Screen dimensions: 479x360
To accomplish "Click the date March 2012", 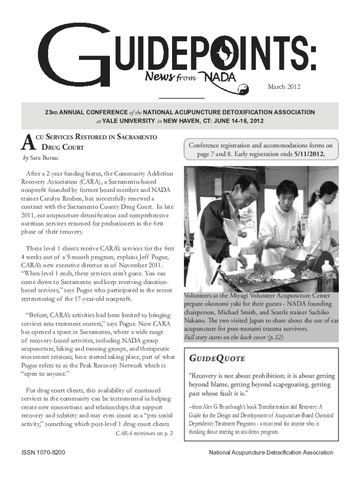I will (284, 87).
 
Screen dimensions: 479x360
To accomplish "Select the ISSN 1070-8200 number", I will (43, 453).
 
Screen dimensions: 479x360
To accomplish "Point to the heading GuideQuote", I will (216, 359).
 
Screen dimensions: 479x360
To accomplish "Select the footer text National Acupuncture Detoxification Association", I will (271, 453).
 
